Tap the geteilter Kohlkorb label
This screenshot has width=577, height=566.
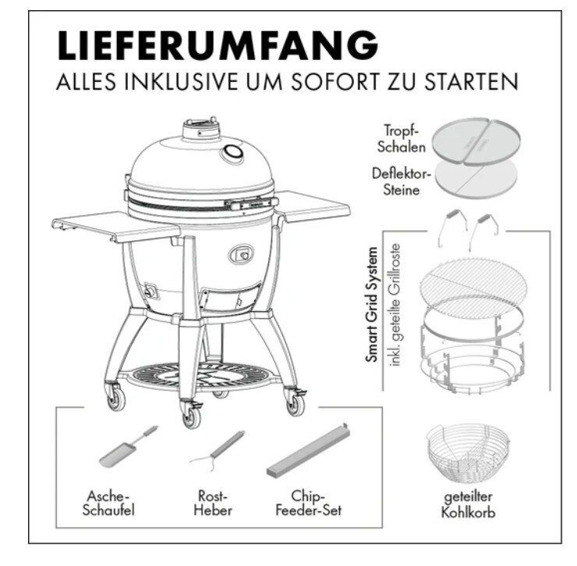tap(467, 506)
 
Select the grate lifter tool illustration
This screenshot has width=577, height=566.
tap(216, 450)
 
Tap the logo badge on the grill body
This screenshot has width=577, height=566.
tap(240, 253)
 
